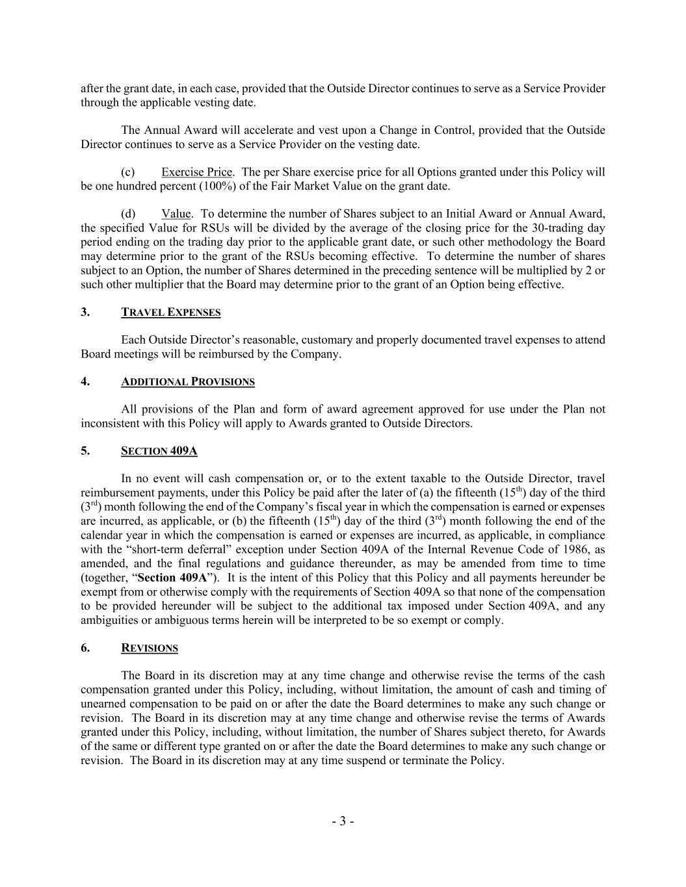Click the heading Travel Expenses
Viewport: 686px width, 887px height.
(170, 313)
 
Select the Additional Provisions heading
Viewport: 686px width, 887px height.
(187, 381)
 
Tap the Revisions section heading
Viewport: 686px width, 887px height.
(149, 648)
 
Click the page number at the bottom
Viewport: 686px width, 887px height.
(343, 821)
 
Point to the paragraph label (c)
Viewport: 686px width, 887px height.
(128, 172)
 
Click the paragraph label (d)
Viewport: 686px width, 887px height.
(128, 214)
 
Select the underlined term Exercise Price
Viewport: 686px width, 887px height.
(196, 172)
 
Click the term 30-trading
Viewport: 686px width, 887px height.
(552, 228)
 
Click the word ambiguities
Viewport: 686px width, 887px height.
(110, 620)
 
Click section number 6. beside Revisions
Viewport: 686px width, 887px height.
(85, 648)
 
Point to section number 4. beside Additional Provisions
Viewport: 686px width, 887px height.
(85, 381)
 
